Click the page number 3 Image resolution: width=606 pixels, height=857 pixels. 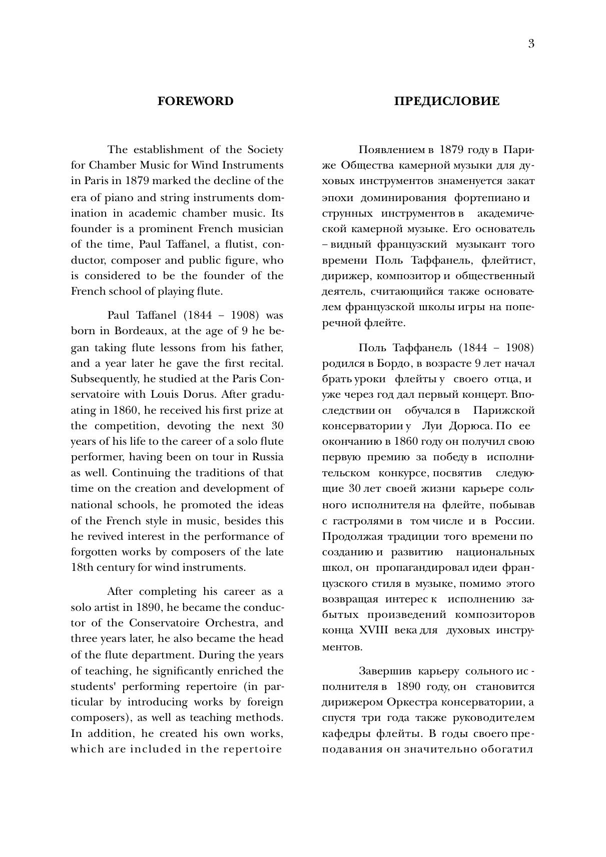tap(531, 44)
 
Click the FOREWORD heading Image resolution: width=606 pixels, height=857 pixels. tap(195, 101)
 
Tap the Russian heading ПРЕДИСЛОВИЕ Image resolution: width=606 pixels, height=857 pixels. tap(446, 101)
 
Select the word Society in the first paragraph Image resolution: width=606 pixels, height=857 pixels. tap(265, 150)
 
